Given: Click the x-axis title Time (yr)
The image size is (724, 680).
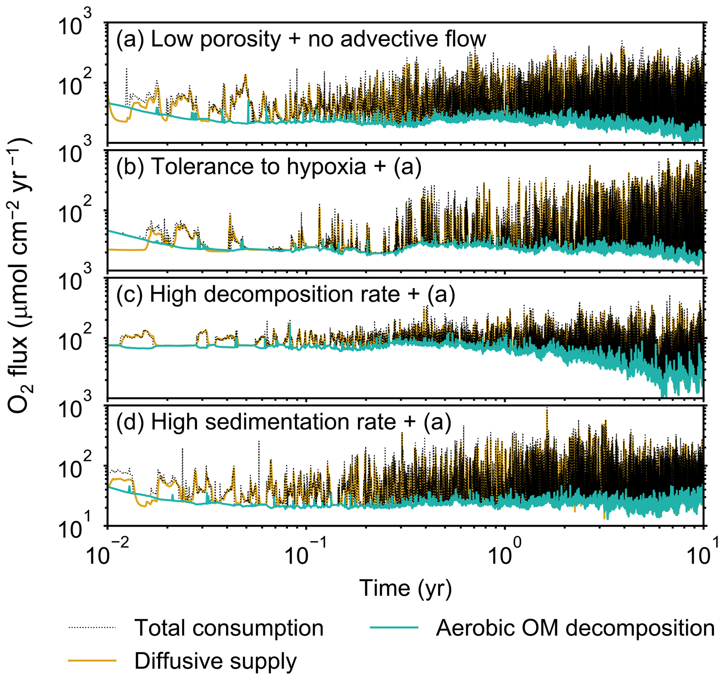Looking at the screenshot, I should click(405, 588).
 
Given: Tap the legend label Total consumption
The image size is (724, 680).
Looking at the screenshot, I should click(229, 628).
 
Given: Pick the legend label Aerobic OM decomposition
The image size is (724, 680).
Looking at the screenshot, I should click(575, 628).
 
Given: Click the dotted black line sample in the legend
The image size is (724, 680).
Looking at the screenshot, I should click(92, 627).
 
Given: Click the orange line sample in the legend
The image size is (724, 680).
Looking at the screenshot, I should click(92, 660).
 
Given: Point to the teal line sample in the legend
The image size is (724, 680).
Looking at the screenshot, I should click(394, 627).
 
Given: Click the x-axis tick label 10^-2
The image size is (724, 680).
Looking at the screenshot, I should click(108, 555).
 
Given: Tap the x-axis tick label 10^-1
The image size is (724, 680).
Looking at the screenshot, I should click(306, 555).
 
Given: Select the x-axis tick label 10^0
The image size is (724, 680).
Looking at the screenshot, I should click(505, 555).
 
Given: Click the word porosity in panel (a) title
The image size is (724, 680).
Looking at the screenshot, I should click(240, 39).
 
